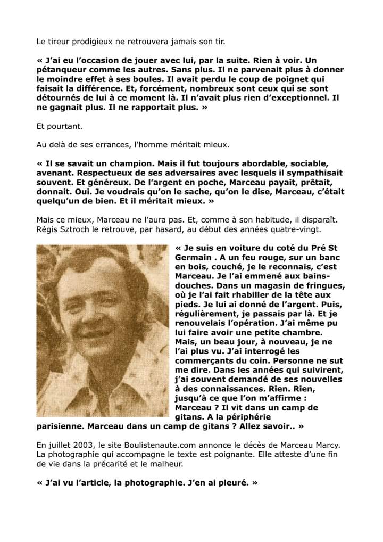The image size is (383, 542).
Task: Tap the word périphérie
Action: (x=246, y=417)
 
